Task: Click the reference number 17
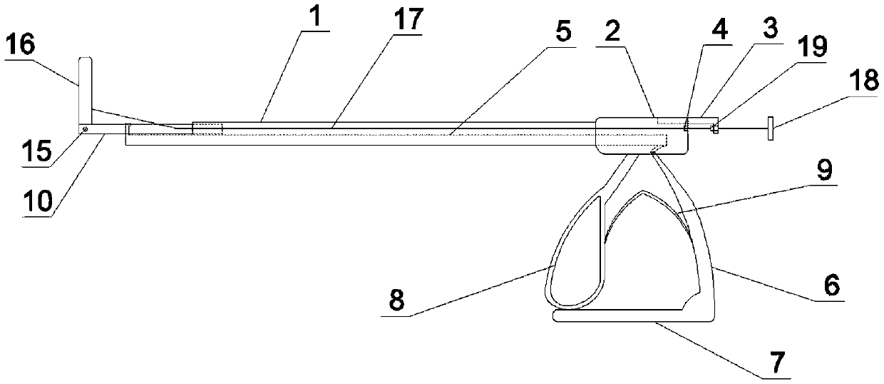click(407, 21)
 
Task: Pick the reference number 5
click(564, 33)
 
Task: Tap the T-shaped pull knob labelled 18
click(771, 129)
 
